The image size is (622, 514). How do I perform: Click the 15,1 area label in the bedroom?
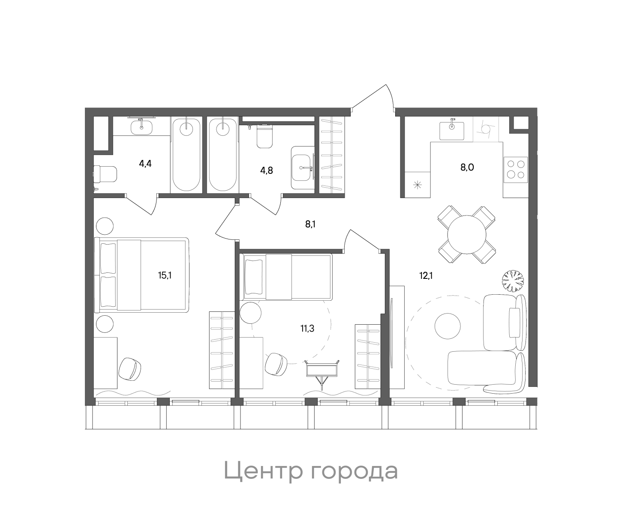point(165,275)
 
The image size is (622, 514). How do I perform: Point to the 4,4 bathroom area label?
point(146,163)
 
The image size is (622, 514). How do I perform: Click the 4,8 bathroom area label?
point(267,170)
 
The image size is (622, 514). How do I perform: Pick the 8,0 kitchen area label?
point(467,167)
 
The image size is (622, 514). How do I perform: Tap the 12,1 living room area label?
point(426,275)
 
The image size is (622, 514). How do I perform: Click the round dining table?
point(466,235)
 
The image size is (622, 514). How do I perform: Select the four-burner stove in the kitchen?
point(515,169)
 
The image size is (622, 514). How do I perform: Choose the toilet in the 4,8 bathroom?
point(264,136)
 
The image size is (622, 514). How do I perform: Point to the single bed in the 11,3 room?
point(287,277)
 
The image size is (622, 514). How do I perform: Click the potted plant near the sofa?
point(514,281)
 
